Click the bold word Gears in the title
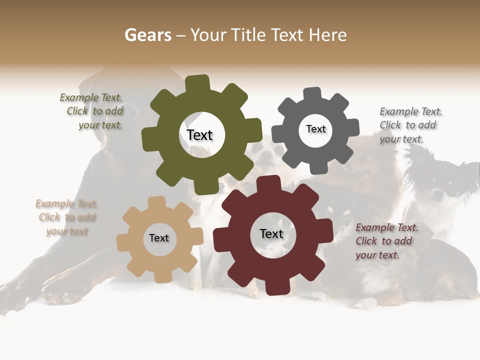[x=147, y=35]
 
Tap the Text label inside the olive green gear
[x=199, y=135]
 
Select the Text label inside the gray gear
[x=315, y=129]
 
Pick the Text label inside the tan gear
[x=159, y=238]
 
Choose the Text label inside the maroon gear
[x=271, y=233]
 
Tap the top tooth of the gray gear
[x=312, y=94]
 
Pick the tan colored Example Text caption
[x=66, y=217]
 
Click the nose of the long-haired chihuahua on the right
[x=438, y=196]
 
